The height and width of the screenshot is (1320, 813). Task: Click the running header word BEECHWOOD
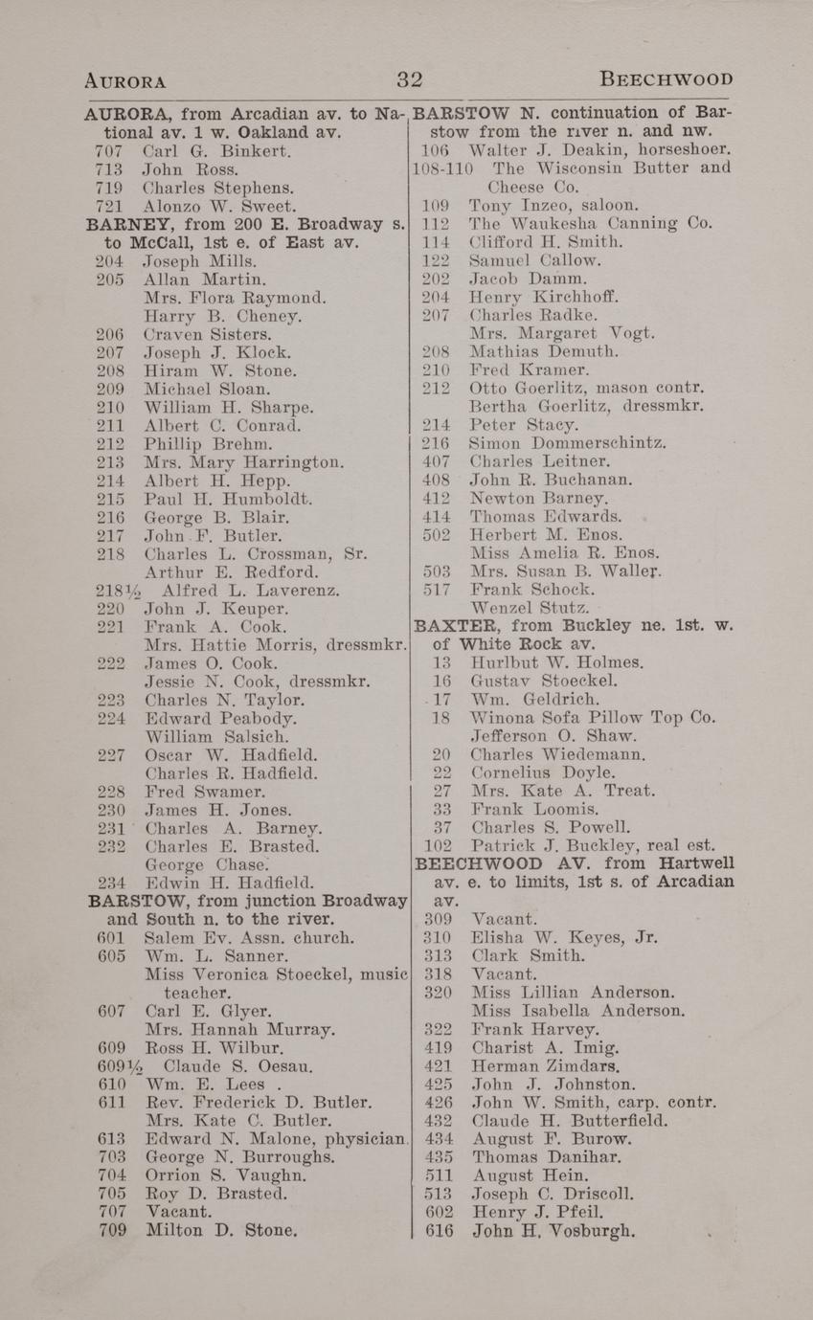pyautogui.click(x=666, y=78)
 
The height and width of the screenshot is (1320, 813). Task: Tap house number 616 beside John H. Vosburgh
pyautogui.click(x=438, y=1231)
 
